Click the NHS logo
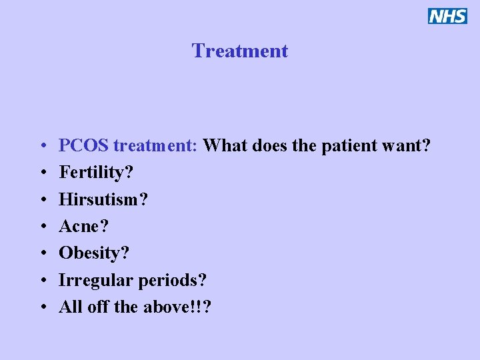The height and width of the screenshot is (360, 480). tap(447, 16)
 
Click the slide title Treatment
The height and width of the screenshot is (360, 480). tap(240, 51)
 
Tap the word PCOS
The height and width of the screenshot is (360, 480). tap(84, 145)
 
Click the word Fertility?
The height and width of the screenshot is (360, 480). tap(96, 173)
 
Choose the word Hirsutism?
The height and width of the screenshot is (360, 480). tap(103, 199)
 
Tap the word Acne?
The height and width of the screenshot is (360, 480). tap(84, 226)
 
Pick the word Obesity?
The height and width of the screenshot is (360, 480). tap(95, 253)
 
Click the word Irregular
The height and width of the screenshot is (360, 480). tap(96, 280)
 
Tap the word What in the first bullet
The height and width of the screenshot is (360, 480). tap(223, 145)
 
